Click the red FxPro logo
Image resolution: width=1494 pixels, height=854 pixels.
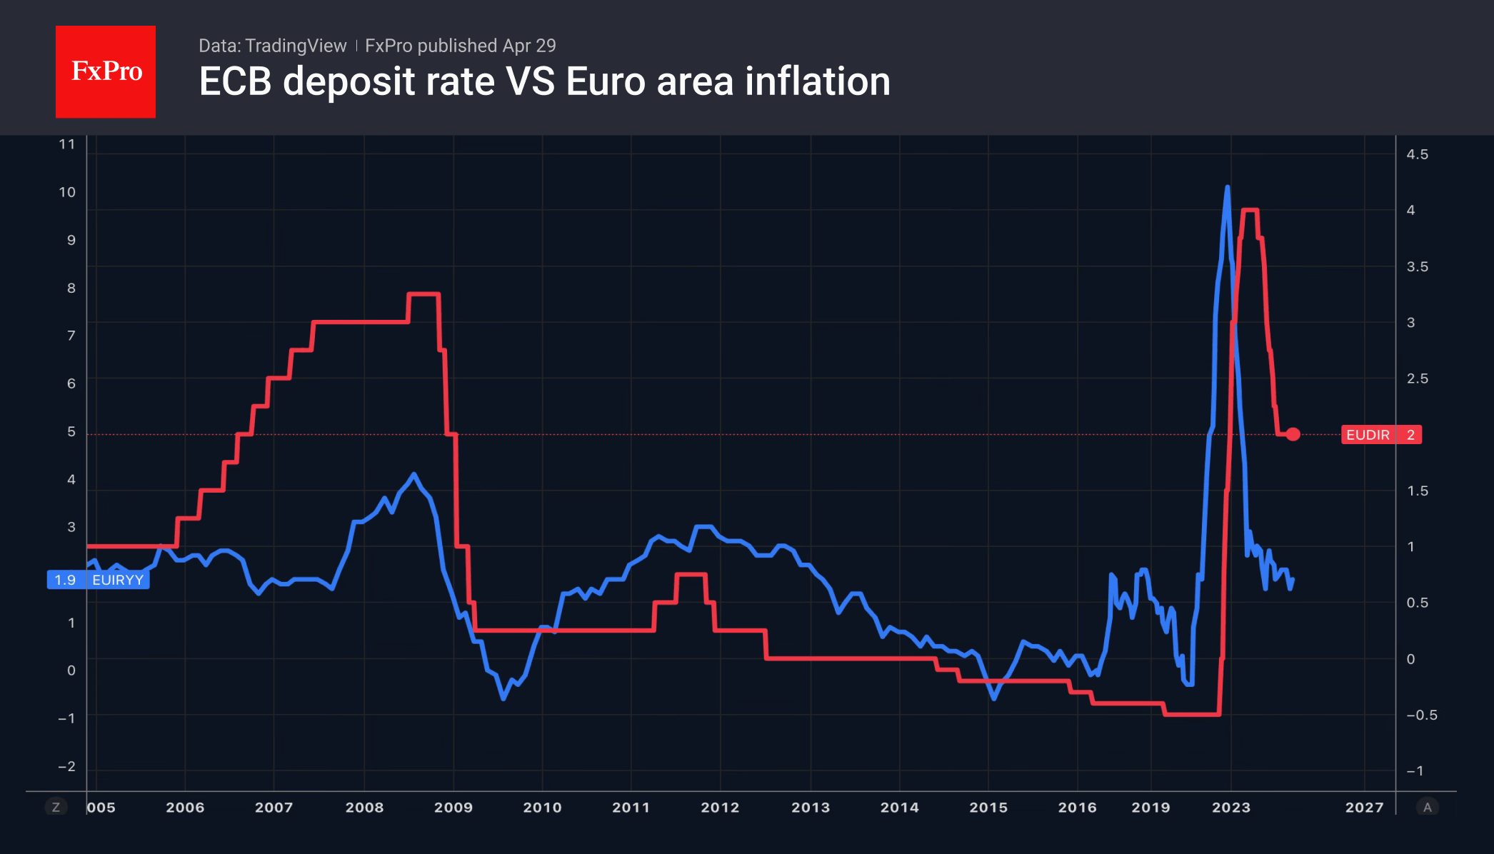[x=106, y=71]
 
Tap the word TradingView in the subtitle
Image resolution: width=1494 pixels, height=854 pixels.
[x=296, y=46]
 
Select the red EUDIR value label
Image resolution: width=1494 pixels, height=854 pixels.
[x=1380, y=435]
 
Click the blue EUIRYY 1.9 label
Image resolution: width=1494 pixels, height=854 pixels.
[x=99, y=580]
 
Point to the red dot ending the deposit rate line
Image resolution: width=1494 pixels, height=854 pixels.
[x=1293, y=434]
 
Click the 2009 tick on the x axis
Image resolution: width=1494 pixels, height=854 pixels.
[x=453, y=808]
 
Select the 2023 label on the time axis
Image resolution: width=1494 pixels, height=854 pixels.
[x=1230, y=808]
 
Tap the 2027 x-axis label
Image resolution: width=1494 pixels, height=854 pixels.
[x=1364, y=808]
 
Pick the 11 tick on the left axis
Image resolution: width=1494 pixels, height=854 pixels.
[x=67, y=144]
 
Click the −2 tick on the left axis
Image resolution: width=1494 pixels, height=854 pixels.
[x=66, y=766]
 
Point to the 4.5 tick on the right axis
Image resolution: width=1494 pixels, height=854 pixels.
[x=1417, y=154]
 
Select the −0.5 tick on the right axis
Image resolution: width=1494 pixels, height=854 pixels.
[x=1421, y=715]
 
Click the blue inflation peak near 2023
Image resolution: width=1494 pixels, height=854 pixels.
[x=1227, y=188]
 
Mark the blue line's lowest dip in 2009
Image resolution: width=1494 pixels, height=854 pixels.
[x=503, y=698]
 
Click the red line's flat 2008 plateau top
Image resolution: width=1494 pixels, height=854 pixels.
[x=423, y=293]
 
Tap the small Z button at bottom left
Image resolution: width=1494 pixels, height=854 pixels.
[x=56, y=808]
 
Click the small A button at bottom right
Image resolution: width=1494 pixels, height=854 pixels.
[x=1427, y=808]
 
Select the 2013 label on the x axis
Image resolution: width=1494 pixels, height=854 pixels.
[x=810, y=808]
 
